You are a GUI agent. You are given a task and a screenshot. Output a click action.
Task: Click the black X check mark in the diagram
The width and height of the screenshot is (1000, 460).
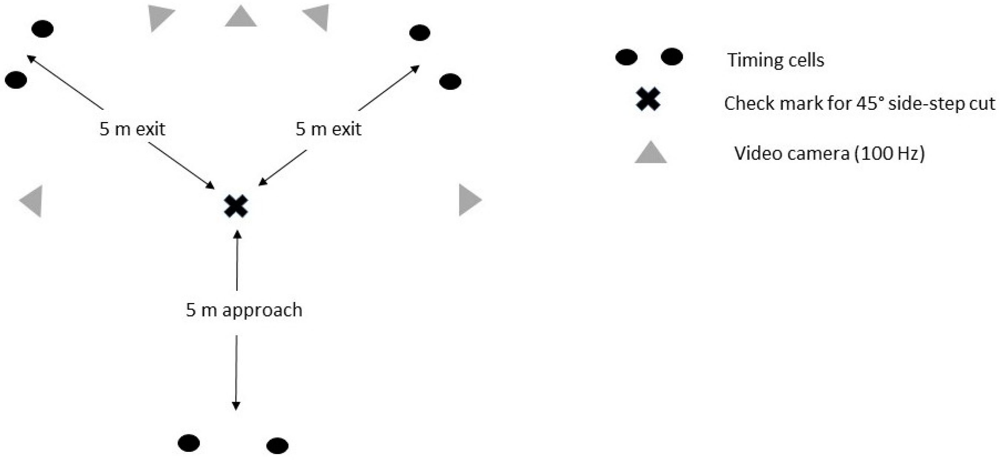click(236, 206)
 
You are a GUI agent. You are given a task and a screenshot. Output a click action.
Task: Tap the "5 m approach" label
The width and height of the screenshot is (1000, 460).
click(244, 310)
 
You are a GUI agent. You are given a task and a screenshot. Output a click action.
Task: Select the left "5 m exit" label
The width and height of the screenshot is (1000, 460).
click(132, 129)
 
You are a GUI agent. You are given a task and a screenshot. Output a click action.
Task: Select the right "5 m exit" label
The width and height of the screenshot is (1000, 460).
click(328, 129)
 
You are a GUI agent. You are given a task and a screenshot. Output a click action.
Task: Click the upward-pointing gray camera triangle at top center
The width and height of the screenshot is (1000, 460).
click(241, 17)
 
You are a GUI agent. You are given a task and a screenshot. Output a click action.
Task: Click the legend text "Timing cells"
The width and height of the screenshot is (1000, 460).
click(776, 60)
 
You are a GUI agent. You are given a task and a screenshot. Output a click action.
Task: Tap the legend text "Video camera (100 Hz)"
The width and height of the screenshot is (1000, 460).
click(830, 153)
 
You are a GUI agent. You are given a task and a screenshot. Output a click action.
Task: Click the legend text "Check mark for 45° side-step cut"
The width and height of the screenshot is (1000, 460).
click(860, 103)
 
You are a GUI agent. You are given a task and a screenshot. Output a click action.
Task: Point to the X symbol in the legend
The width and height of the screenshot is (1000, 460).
click(648, 99)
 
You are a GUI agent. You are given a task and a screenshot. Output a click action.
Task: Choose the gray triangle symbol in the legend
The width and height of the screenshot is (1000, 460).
click(650, 154)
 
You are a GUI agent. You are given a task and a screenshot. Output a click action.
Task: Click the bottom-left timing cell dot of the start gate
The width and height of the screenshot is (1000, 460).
click(189, 443)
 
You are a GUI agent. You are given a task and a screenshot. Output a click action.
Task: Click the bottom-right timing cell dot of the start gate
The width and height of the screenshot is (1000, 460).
click(278, 445)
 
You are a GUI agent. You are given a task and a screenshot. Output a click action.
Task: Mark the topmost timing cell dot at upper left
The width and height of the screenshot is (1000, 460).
click(42, 29)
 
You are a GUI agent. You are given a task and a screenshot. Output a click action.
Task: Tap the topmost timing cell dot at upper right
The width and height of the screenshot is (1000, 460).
click(420, 33)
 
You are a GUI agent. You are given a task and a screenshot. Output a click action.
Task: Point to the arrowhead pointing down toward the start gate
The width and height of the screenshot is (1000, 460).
click(236, 405)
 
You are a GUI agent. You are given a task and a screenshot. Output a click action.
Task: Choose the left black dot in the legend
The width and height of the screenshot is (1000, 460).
click(626, 57)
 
